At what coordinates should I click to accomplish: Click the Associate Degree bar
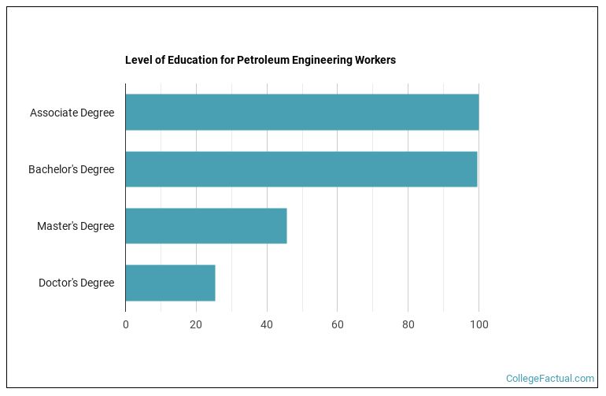pos(301,113)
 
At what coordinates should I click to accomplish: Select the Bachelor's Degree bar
pos(301,169)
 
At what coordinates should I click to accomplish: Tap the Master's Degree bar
pos(205,226)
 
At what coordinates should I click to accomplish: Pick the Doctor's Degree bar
pos(170,283)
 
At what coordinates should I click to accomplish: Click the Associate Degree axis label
pos(72,113)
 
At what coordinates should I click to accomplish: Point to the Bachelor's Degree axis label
pos(71,169)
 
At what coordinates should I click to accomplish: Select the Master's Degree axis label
pos(76,226)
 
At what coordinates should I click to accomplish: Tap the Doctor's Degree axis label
pos(76,283)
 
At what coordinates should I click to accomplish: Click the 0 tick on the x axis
pos(125,324)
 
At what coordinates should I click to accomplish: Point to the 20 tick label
pos(196,324)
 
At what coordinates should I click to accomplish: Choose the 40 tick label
pos(267,324)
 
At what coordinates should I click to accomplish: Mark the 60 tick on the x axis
pos(337,324)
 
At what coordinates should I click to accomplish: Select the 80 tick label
pos(408,324)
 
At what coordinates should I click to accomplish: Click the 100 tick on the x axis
pos(479,324)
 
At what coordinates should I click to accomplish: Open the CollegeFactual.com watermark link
pos(550,379)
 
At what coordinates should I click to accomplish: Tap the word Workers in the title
pos(375,60)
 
